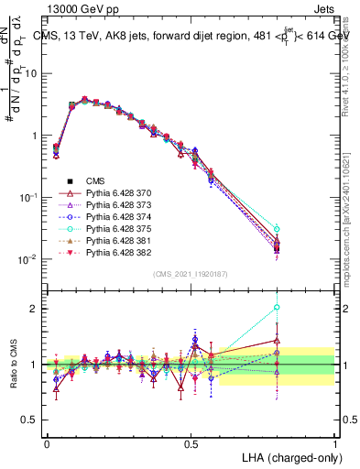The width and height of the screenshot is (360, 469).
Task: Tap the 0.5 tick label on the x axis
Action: (191, 443)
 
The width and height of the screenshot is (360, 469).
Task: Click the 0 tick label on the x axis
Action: (47, 443)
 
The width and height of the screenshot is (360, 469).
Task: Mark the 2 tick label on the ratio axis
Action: (35, 309)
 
